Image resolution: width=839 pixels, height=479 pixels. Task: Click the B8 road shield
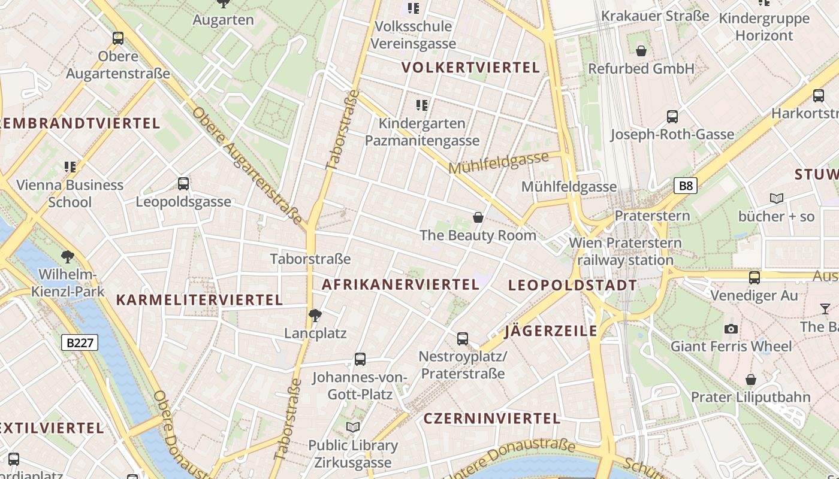(x=686, y=186)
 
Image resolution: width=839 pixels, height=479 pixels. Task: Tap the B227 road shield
(x=80, y=342)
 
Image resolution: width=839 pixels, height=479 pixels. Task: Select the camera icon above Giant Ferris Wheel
(x=731, y=329)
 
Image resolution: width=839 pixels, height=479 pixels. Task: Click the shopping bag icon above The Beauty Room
(x=478, y=217)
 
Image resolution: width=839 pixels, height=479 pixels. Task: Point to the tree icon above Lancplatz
(x=315, y=315)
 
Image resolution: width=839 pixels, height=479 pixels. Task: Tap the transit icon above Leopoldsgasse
(x=183, y=184)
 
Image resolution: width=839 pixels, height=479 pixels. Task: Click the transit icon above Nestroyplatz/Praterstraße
(x=463, y=339)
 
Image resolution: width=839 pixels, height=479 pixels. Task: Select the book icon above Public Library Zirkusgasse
(x=353, y=427)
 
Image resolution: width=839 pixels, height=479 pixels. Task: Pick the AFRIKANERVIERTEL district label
(x=400, y=284)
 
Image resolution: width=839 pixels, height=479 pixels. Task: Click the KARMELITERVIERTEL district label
(x=199, y=300)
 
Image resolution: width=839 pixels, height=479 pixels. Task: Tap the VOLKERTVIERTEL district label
(x=471, y=67)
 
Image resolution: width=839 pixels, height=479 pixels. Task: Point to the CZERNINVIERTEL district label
(x=492, y=419)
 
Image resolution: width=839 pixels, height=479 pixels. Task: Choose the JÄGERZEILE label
(x=551, y=331)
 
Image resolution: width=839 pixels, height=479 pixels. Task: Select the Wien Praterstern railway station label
(x=626, y=251)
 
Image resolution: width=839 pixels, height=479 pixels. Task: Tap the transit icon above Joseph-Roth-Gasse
(x=672, y=117)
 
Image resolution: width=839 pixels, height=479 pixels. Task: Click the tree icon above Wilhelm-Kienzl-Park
(x=68, y=257)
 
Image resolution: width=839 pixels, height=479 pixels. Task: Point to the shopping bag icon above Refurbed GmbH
(x=641, y=51)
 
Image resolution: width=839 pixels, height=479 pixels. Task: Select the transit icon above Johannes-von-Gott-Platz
(x=360, y=359)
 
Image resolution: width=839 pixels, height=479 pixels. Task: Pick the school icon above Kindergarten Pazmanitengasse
(x=422, y=105)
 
